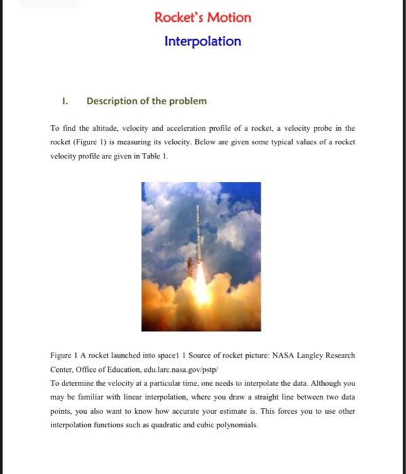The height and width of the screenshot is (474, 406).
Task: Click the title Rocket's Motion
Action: [x=203, y=18]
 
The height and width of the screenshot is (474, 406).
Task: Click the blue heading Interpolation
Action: [x=203, y=41]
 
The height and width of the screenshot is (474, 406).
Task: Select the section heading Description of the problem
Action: [x=146, y=102]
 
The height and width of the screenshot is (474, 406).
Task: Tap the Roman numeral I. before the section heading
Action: [x=64, y=102]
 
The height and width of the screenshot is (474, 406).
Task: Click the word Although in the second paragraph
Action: [x=321, y=383]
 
